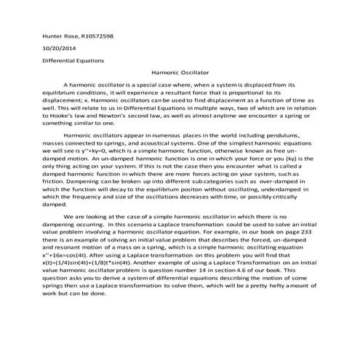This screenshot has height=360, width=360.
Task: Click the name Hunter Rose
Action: (x=61, y=36)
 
